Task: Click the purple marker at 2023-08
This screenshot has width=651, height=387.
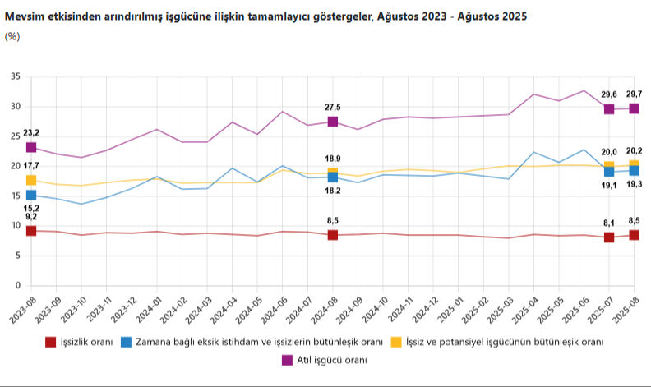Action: tap(31, 147)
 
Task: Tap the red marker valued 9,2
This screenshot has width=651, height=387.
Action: tap(31, 231)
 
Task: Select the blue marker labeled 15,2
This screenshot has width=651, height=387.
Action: tap(31, 195)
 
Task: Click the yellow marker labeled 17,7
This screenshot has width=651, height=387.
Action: tap(31, 180)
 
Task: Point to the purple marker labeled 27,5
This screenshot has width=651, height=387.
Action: tap(333, 122)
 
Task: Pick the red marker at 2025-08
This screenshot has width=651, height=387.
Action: tap(635, 235)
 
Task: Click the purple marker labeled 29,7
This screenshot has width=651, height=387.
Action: tap(635, 108)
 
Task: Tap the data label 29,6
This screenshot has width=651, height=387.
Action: tap(609, 94)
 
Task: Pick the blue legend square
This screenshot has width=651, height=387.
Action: tap(127, 342)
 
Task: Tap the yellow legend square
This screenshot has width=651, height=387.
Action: tap(396, 342)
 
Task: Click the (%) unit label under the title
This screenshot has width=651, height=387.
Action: tap(12, 35)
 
